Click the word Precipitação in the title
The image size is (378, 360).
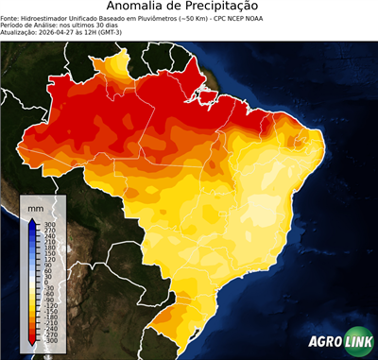pos(232,8)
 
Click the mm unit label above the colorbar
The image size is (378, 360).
pos(34,206)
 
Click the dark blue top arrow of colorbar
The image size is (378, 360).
pos(32,223)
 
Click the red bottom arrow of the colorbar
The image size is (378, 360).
pos(32,338)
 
